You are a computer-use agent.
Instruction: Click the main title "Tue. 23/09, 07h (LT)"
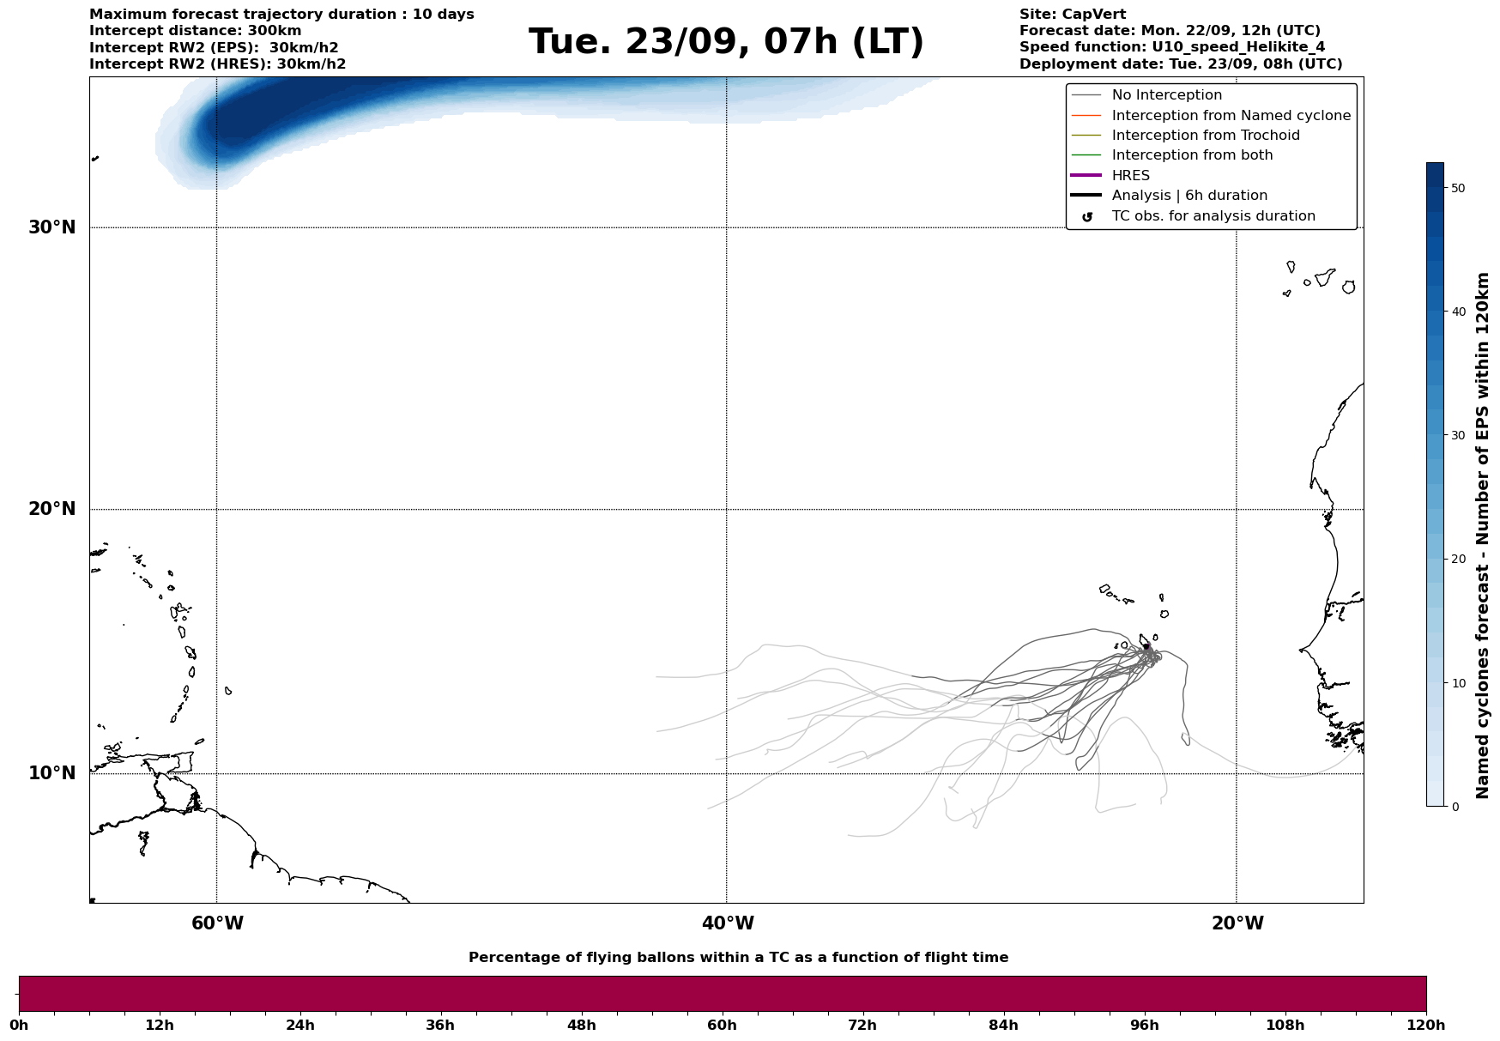[x=726, y=42]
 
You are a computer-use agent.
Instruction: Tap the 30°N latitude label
[x=51, y=227]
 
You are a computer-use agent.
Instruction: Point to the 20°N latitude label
[x=51, y=509]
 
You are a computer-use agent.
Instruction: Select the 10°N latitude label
[x=51, y=773]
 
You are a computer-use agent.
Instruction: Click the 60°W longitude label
[x=217, y=923]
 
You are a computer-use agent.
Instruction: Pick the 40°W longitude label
[x=727, y=923]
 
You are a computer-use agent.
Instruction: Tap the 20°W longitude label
[x=1237, y=923]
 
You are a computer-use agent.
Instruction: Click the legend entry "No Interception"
[x=1166, y=95]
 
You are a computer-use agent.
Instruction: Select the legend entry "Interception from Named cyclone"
[x=1231, y=116]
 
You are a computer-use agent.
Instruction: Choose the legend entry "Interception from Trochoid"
[x=1205, y=136]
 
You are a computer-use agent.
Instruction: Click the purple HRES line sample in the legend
[x=1086, y=176]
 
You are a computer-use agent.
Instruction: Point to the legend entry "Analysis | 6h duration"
[x=1189, y=196]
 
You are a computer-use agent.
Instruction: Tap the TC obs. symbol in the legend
[x=1086, y=216]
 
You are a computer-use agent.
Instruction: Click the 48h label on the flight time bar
[x=581, y=1025]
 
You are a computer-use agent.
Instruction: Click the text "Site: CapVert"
[x=1072, y=15]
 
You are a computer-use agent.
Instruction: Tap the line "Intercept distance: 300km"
[x=195, y=31]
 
